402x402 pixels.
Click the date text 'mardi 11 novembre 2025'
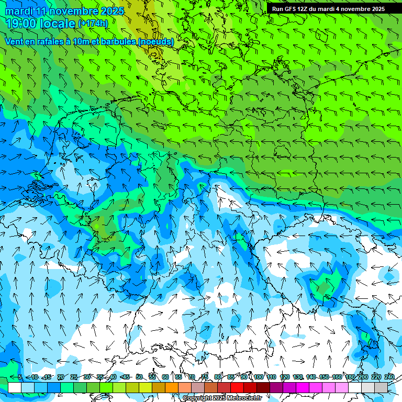coord(64,11)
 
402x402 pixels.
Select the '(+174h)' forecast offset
coord(93,24)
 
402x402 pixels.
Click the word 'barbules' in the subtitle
coord(118,41)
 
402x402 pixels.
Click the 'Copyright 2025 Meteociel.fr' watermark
coord(222,398)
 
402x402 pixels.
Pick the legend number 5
coord(20,377)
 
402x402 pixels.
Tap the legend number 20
coord(61,377)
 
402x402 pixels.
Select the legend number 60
coord(165,377)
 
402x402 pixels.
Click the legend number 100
coord(258,377)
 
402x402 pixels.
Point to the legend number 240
coord(389,377)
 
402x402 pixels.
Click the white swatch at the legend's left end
coord(15,387)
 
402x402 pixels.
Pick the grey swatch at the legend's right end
coord(381,387)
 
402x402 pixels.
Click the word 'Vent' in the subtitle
coord(15,41)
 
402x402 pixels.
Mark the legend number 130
coord(298,377)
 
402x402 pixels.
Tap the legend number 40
coord(113,377)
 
